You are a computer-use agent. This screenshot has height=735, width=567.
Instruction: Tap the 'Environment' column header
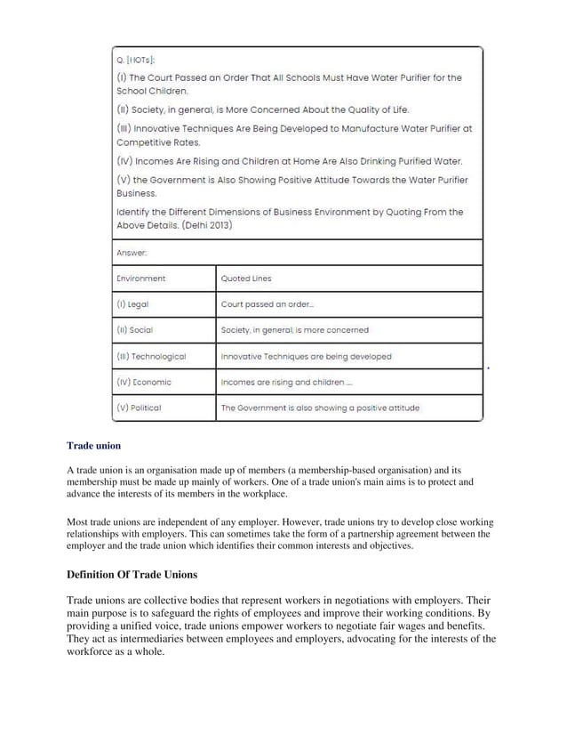click(x=140, y=279)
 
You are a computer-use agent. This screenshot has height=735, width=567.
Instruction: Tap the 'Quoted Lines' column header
click(x=246, y=279)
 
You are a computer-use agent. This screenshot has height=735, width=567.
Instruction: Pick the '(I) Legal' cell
click(x=132, y=304)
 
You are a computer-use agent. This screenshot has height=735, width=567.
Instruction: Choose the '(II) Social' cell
click(x=135, y=330)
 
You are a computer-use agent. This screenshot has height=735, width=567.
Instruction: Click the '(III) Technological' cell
click(x=151, y=356)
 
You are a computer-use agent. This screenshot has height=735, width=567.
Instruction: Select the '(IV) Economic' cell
click(x=144, y=382)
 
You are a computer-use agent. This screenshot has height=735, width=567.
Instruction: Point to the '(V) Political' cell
click(x=140, y=408)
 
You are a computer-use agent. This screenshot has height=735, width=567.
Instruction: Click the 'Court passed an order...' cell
click(x=267, y=304)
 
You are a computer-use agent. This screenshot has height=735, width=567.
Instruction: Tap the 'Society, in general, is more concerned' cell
click(x=294, y=330)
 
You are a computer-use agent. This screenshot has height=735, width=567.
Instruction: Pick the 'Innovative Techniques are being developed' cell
click(x=306, y=356)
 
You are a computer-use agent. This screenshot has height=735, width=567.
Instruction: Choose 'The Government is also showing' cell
click(x=320, y=408)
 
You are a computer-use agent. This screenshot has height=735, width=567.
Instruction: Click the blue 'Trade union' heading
click(x=94, y=445)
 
